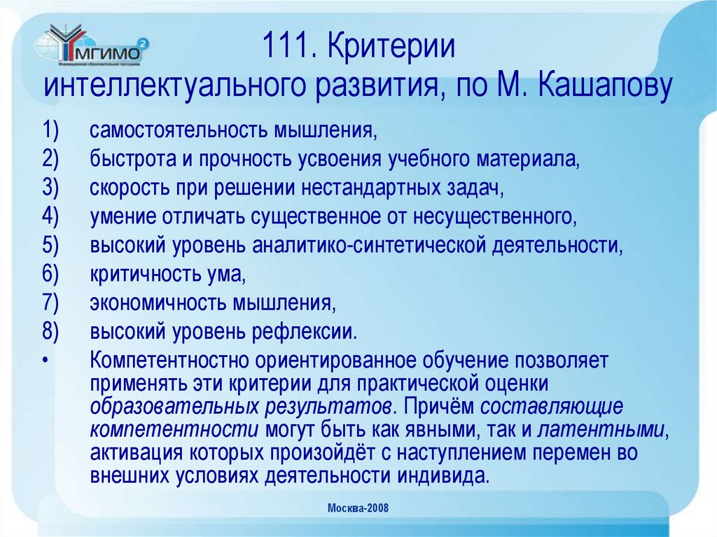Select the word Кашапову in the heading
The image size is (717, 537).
[606, 87]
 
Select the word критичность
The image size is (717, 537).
[140, 274]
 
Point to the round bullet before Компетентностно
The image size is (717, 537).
[46, 361]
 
